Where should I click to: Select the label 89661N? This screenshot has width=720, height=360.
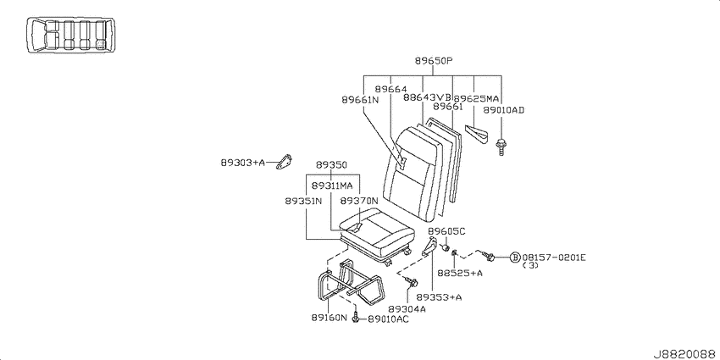(360, 99)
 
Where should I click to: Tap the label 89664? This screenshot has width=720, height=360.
(390, 89)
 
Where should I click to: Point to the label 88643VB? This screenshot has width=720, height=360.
(428, 97)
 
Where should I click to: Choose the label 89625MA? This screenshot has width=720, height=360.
(476, 97)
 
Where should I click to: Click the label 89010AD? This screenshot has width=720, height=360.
(504, 110)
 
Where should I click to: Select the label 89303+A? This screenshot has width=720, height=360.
(243, 162)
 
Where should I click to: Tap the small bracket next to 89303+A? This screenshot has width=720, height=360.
(285, 162)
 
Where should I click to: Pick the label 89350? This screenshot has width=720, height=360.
(331, 165)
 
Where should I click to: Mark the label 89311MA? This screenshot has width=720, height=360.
(332, 186)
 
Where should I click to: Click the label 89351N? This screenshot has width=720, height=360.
(303, 201)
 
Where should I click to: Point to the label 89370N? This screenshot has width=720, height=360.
(359, 201)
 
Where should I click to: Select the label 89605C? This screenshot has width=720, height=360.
(446, 231)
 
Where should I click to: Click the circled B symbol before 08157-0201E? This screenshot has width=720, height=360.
(515, 258)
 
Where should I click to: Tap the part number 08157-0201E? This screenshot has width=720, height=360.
(553, 258)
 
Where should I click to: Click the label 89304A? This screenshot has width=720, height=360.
(407, 309)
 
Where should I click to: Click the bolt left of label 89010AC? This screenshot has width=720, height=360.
(356, 318)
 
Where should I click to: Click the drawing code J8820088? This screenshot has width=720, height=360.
(685, 354)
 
